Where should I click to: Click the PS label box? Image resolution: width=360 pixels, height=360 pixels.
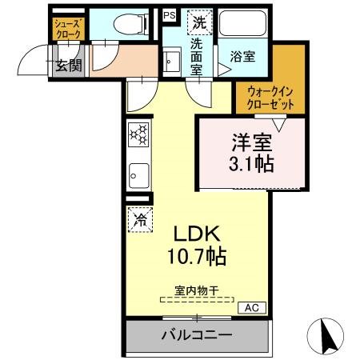pos(169,14)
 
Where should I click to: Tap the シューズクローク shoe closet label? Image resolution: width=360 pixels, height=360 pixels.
pos(67,30)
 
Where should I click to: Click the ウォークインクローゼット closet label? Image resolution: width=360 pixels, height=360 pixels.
pos(270,98)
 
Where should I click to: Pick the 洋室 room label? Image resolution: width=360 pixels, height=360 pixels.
pos(252,143)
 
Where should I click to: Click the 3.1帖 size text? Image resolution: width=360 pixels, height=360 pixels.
pos(252,165)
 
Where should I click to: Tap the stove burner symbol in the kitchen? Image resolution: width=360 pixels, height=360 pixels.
pos(138,134)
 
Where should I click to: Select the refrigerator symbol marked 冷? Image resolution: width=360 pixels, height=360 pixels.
pos(139,217)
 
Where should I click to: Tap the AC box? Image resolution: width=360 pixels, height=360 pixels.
pos(251,307)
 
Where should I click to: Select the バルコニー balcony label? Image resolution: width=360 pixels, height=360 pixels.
pos(197,334)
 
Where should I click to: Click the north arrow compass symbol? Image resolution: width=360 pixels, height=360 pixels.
pos(326,334)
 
